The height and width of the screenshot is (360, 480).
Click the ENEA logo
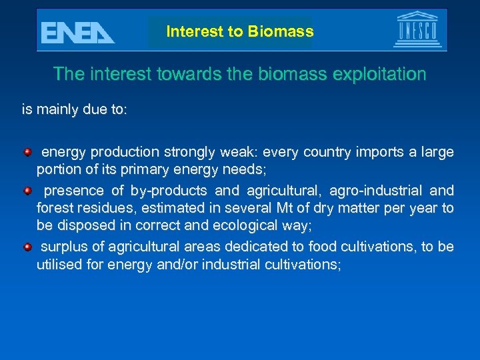point(77,32)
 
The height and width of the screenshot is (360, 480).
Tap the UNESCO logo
point(417,30)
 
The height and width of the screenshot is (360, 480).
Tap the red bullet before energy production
point(27,153)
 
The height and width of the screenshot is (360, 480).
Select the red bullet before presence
point(27,191)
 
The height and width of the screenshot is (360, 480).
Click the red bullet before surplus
point(27,247)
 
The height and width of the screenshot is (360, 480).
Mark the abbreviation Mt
point(283,208)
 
